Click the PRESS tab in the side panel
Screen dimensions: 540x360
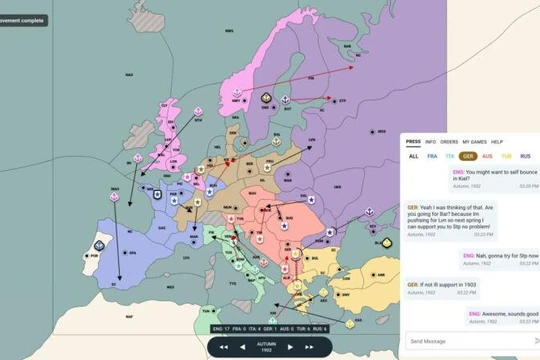click(x=413, y=142)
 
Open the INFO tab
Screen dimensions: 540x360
click(x=431, y=142)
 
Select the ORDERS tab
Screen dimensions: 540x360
click(x=449, y=142)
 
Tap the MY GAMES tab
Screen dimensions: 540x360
click(x=473, y=142)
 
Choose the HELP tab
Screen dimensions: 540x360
click(x=497, y=142)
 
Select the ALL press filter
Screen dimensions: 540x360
click(x=414, y=156)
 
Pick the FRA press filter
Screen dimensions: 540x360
click(x=432, y=156)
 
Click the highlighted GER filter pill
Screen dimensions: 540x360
click(x=468, y=156)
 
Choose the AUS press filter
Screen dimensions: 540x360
click(x=487, y=156)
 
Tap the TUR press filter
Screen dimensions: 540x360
click(x=506, y=156)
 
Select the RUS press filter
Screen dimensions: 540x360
click(x=525, y=156)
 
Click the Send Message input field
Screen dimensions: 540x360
click(x=465, y=340)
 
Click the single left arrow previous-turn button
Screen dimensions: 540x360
click(x=241, y=346)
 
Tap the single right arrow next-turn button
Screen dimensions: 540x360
click(x=290, y=346)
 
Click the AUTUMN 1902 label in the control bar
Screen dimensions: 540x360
click(x=266, y=346)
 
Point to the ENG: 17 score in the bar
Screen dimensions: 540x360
click(x=221, y=328)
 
